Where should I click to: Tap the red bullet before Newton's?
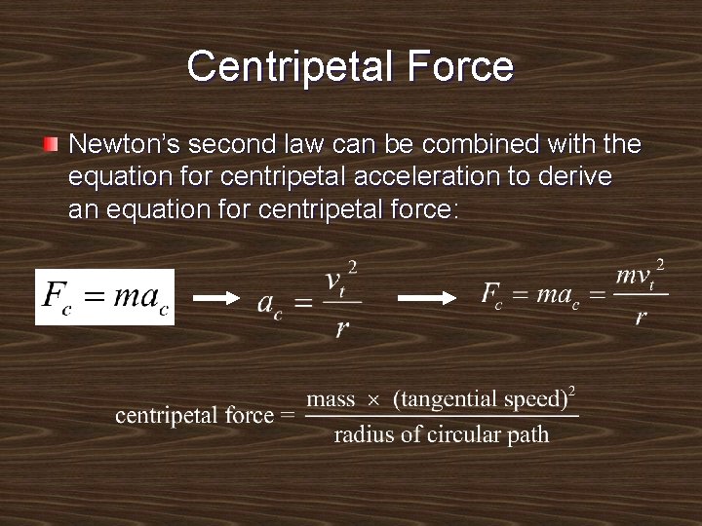pyautogui.click(x=51, y=145)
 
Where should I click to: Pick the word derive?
pyautogui.click(x=577, y=177)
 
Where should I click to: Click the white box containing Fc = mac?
pyautogui.click(x=104, y=296)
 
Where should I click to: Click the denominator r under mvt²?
pyautogui.click(x=641, y=318)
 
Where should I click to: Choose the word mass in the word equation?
pyautogui.click(x=331, y=399)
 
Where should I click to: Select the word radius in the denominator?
pyautogui.click(x=364, y=434)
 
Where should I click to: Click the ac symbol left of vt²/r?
pyautogui.click(x=269, y=303)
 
